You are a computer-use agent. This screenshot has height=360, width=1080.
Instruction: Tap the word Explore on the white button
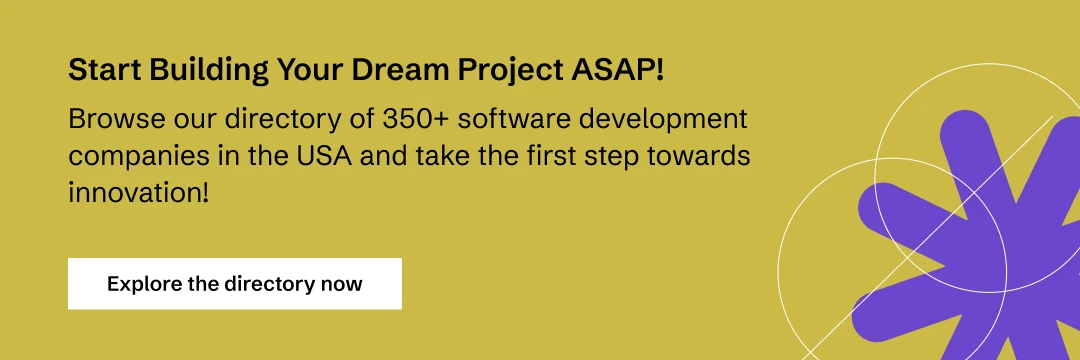pyautogui.click(x=144, y=284)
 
